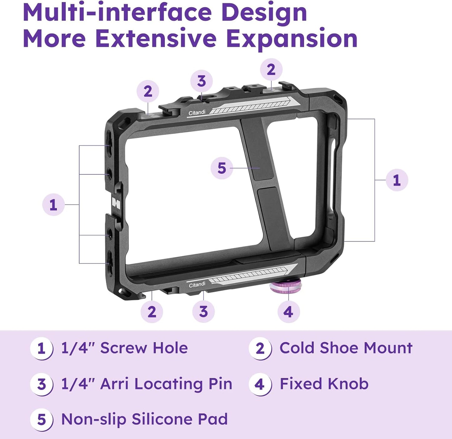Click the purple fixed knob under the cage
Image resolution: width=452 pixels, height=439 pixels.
click(x=286, y=287)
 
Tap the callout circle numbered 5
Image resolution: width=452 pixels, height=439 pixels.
click(x=221, y=168)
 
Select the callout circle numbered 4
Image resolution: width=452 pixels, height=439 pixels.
click(x=288, y=312)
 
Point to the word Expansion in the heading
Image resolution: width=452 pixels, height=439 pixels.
click(x=292, y=39)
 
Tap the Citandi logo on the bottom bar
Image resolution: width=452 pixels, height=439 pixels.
click(x=197, y=284)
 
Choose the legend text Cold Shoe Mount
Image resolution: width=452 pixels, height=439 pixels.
click(x=346, y=348)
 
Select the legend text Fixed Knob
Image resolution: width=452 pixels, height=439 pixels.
click(x=324, y=384)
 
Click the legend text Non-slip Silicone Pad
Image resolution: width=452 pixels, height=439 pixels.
click(x=145, y=419)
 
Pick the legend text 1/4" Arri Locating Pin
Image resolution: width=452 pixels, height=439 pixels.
click(x=146, y=384)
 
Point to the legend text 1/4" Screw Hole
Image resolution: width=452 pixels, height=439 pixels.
click(x=124, y=348)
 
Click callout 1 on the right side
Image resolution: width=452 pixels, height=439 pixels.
click(x=397, y=180)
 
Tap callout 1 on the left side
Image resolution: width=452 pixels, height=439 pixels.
click(x=53, y=205)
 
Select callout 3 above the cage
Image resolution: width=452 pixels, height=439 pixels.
click(x=201, y=81)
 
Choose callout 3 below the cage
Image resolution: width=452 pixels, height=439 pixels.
click(x=203, y=311)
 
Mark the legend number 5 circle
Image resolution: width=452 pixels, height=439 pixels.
click(x=41, y=420)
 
